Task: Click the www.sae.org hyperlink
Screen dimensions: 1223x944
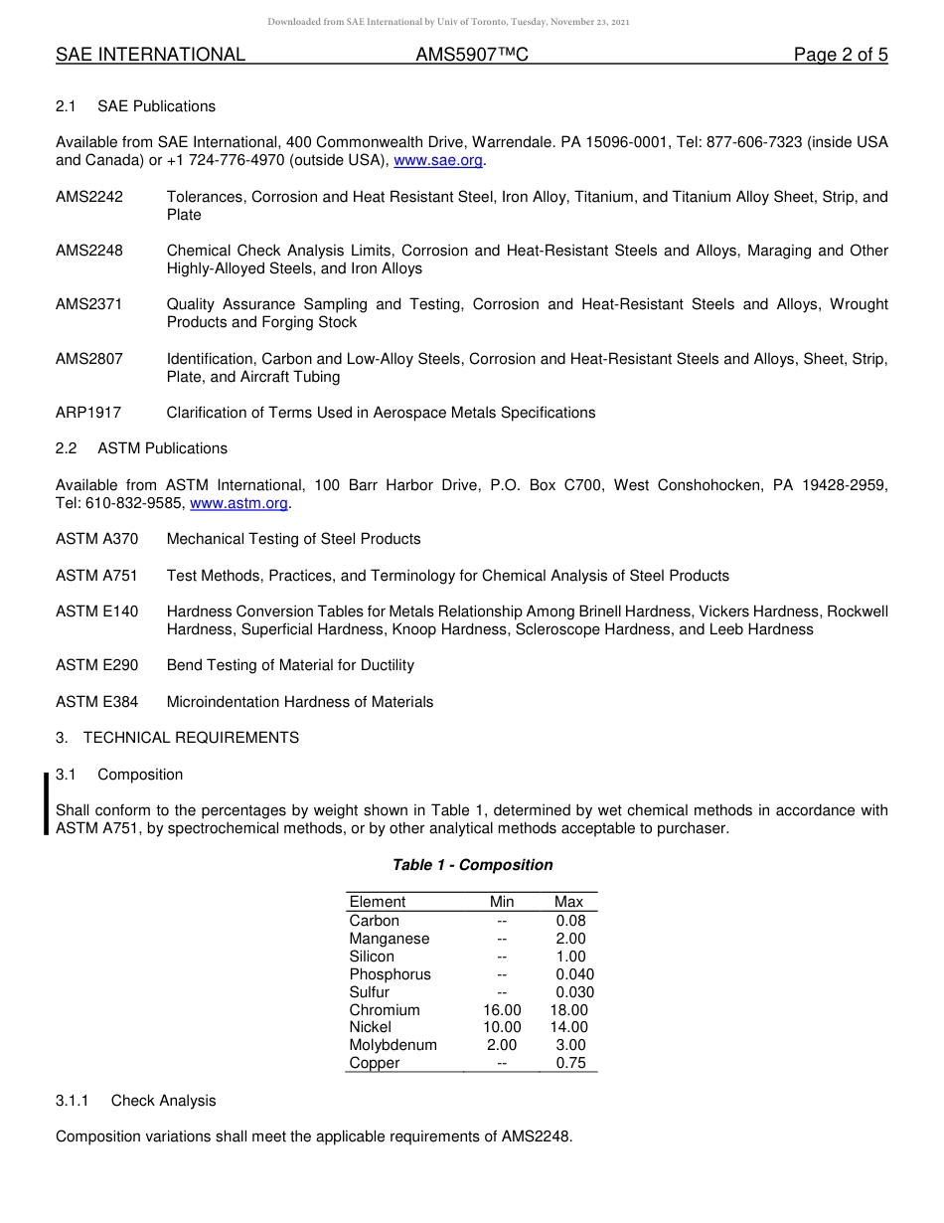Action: coord(439,160)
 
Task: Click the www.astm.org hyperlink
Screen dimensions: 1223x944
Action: coord(238,503)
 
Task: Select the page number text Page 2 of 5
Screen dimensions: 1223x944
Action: coord(840,56)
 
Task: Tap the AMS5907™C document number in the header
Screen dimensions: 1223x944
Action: coord(471,56)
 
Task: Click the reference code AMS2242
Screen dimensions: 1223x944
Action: coord(89,197)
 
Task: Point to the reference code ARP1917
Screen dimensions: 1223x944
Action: coord(88,413)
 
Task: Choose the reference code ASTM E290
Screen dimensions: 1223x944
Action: coord(96,665)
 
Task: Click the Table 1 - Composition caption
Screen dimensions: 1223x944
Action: coord(472,865)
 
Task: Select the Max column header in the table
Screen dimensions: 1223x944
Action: coord(568,902)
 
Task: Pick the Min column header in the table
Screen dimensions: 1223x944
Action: coord(502,902)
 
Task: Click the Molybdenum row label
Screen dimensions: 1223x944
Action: coord(393,1045)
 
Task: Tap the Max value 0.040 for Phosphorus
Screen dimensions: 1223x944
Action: coord(574,974)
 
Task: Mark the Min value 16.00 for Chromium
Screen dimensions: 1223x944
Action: coord(502,1010)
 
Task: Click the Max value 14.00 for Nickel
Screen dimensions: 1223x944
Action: coord(568,1027)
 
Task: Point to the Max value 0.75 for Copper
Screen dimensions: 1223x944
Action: coord(570,1063)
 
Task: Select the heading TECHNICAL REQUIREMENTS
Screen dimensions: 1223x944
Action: coord(191,738)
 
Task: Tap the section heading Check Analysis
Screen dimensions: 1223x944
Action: coord(163,1101)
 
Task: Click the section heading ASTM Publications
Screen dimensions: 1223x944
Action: coord(162,448)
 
